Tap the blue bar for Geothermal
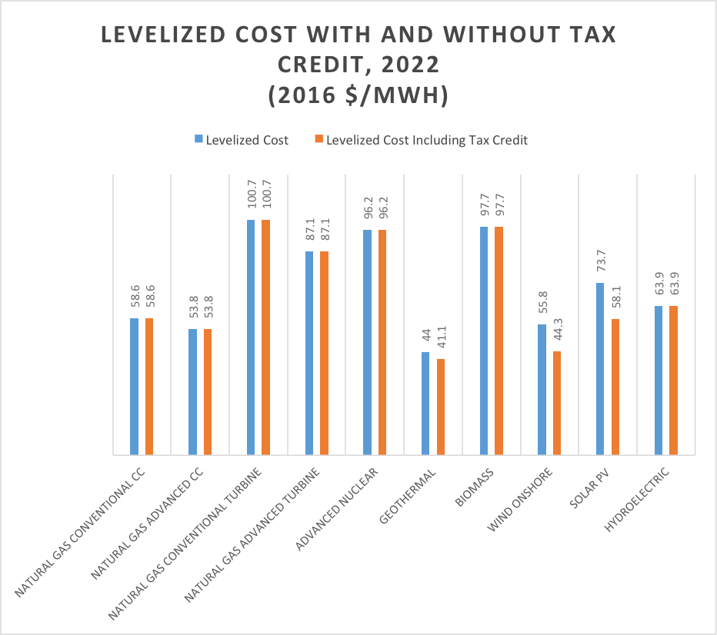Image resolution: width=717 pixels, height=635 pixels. coord(425,403)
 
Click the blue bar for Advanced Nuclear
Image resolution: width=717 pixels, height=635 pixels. coord(368,341)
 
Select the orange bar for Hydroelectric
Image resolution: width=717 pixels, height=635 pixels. coord(674,380)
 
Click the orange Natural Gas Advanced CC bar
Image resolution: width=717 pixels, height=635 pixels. coord(208,391)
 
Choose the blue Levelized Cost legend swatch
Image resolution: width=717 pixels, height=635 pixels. coord(198,140)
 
